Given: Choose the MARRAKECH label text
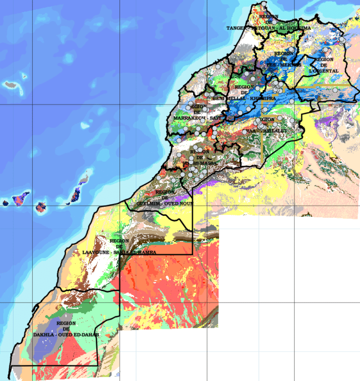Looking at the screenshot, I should coord(188,117).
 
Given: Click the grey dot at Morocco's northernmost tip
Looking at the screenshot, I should coord(264,3).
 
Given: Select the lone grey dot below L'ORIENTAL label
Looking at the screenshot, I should coord(335,90).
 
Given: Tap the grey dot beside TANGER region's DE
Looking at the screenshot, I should coord(274,22).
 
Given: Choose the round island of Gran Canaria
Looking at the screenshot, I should coord(41,208).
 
